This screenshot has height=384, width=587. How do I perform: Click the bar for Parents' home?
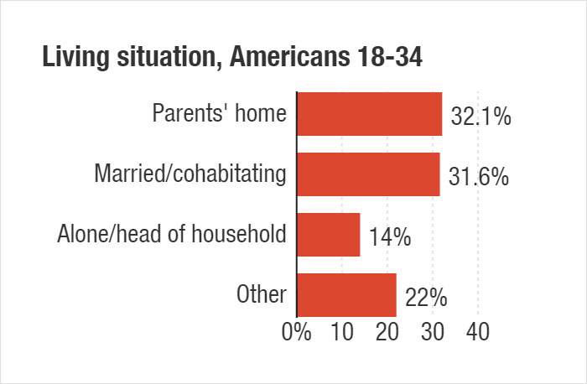(x=370, y=114)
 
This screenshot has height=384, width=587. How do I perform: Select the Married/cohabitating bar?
(x=369, y=174)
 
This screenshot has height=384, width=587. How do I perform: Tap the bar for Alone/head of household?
(x=329, y=235)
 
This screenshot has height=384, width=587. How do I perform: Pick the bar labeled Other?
(x=346, y=295)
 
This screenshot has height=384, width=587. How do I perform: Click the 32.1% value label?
(x=481, y=117)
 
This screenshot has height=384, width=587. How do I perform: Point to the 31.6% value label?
(x=479, y=178)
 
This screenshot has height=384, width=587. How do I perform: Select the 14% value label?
(x=389, y=238)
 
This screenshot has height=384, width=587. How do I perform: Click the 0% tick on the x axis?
(x=297, y=331)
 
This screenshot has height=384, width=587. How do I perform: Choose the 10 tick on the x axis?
(x=342, y=331)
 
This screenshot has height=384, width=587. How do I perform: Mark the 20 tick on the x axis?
(x=387, y=331)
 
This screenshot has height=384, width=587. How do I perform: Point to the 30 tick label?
(x=433, y=331)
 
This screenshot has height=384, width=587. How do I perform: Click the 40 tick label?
(x=478, y=331)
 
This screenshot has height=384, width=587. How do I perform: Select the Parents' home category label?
(x=219, y=114)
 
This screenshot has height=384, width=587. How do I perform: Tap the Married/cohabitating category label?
(x=190, y=174)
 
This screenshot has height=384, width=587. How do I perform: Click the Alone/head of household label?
(x=172, y=235)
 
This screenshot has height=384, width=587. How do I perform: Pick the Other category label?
(x=262, y=295)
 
